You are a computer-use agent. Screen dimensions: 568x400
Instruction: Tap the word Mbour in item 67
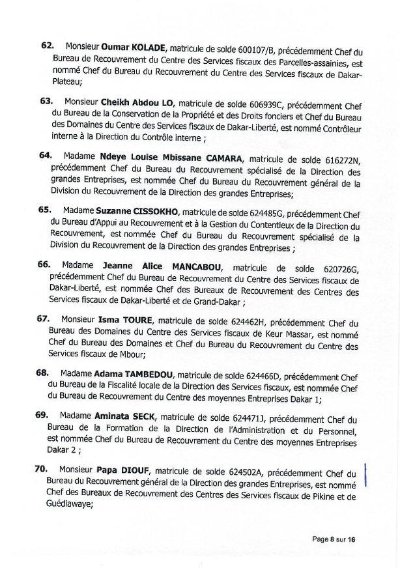132,355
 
